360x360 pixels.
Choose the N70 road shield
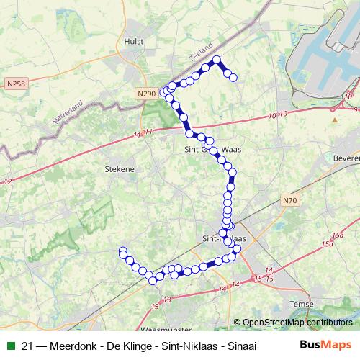click(x=289, y=200)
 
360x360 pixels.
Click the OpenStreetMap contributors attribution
click(x=297, y=323)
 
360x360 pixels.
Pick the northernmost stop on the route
click(x=216, y=60)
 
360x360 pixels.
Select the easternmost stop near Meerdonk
click(x=234, y=77)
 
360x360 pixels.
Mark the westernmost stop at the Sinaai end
click(x=122, y=251)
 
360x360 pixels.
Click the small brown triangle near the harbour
click(x=334, y=120)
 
